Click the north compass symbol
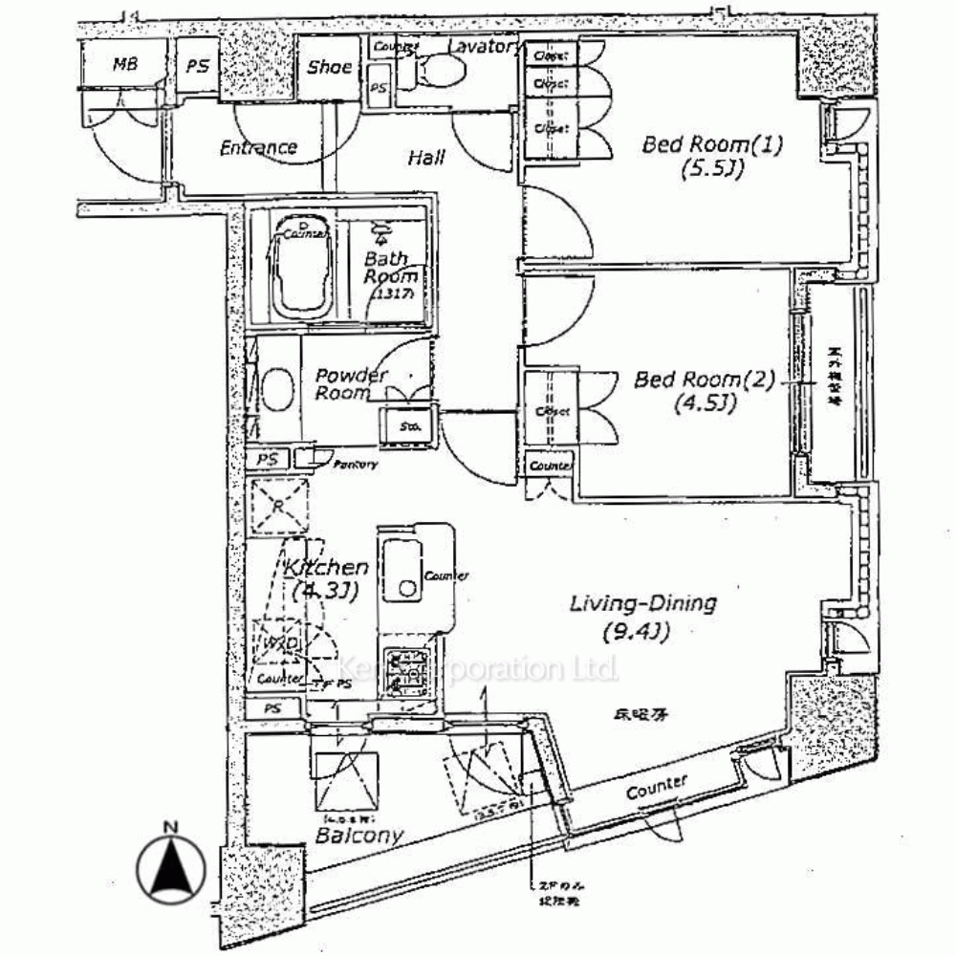171,868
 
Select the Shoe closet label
329,67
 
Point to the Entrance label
258,147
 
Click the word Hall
426,157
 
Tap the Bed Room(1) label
712,145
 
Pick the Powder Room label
351,383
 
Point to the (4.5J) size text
705,404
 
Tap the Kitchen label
326,568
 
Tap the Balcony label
358,835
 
